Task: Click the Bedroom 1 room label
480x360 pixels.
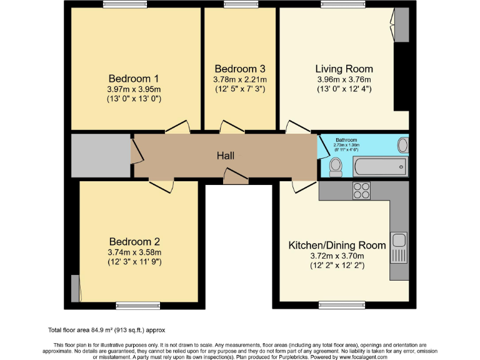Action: pyautogui.click(x=134, y=79)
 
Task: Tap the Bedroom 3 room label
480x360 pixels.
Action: pyautogui.click(x=240, y=69)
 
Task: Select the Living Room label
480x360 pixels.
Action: pyautogui.click(x=344, y=69)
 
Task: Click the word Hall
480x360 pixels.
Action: pyautogui.click(x=226, y=156)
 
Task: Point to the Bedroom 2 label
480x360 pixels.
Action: pyautogui.click(x=134, y=242)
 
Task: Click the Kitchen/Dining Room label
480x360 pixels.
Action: pyautogui.click(x=337, y=245)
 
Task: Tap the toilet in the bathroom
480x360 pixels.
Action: pyautogui.click(x=336, y=166)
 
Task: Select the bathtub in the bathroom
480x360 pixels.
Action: pyautogui.click(x=380, y=167)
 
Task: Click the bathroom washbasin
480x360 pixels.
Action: pyautogui.click(x=402, y=146)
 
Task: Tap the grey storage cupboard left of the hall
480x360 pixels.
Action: pyautogui.click(x=100, y=155)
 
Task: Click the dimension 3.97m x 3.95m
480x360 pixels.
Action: pyautogui.click(x=134, y=89)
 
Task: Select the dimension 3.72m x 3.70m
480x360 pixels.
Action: pyautogui.click(x=337, y=256)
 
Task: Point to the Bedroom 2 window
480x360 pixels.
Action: pyautogui.click(x=133, y=306)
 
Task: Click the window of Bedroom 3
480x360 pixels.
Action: pyautogui.click(x=241, y=5)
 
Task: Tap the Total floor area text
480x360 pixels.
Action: pyautogui.click(x=106, y=329)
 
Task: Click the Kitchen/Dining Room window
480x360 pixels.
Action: pyautogui.click(x=337, y=306)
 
